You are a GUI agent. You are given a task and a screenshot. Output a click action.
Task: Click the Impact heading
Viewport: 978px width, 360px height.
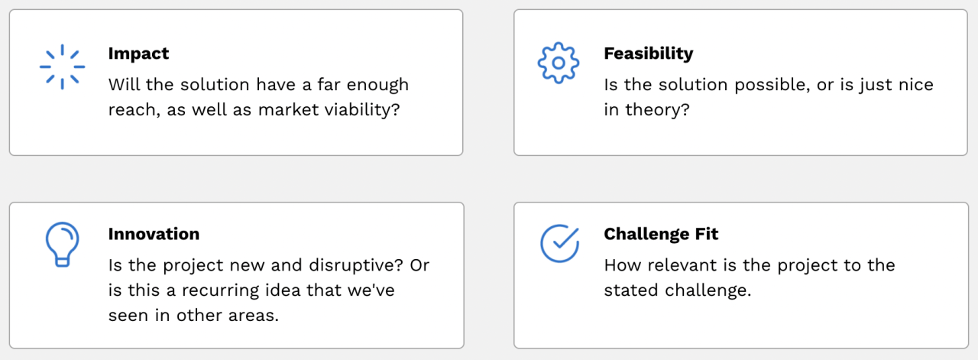138,54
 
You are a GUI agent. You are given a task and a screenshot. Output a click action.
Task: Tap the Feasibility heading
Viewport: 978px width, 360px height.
649,54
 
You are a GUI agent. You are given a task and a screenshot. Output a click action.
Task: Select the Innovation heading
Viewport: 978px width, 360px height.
154,234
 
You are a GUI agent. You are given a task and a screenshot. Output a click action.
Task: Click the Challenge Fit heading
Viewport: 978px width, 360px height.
661,234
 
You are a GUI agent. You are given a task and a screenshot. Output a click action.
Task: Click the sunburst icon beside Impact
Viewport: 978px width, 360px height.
63,66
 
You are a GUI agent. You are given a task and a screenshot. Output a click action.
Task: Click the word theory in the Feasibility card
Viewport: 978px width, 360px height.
658,109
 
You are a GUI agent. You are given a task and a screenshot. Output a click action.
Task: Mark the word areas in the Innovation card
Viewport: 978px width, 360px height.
253,315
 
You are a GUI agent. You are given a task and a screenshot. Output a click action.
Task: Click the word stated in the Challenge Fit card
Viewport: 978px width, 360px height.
631,290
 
